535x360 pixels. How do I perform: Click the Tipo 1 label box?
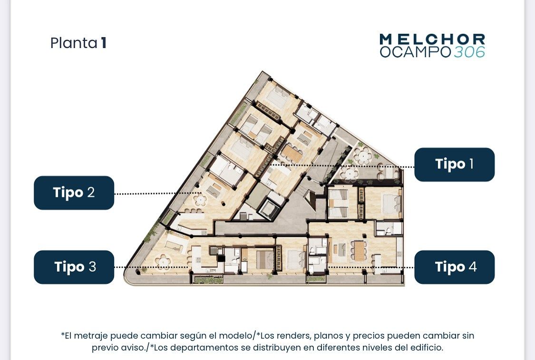(454, 165)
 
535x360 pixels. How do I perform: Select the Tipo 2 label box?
(74, 193)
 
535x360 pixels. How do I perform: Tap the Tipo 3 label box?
(74, 267)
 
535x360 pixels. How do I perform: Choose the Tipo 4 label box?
(454, 267)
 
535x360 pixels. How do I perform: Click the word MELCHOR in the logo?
(432, 39)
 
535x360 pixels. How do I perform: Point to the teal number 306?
(469, 52)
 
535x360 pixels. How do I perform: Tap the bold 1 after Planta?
(103, 43)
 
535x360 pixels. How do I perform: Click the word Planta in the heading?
(74, 43)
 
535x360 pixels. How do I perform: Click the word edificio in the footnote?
(427, 348)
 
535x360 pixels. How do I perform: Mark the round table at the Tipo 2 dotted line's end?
(199, 199)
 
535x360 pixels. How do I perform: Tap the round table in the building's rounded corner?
(163, 262)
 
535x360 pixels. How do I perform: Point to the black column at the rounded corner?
(138, 272)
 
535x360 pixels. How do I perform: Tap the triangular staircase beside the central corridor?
(311, 200)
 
